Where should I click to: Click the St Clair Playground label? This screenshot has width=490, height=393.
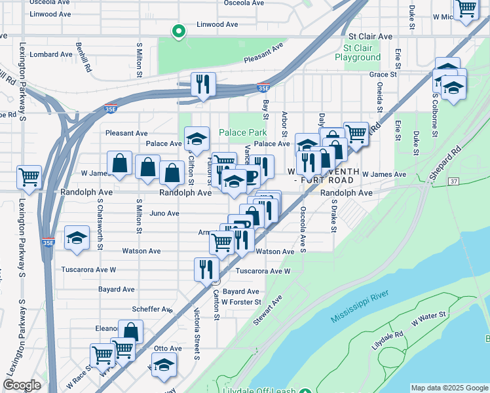click(x=358, y=52)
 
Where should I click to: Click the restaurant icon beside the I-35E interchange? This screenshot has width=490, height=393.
click(x=203, y=84)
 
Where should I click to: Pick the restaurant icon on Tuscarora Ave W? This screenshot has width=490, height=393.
click(x=206, y=268)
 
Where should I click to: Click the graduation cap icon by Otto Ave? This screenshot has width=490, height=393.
click(x=164, y=364)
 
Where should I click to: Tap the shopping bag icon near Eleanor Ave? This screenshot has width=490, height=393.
click(x=131, y=331)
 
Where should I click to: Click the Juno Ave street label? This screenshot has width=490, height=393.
click(x=164, y=214)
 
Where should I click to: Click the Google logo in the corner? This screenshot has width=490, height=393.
click(x=22, y=385)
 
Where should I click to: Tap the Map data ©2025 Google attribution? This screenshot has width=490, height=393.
click(x=449, y=388)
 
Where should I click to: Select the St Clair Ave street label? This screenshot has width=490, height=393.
click(x=370, y=37)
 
